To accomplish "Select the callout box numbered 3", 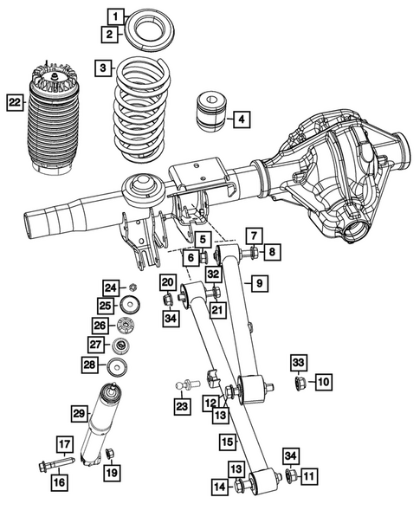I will coord(103,68).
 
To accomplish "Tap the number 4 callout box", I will coord(242,119).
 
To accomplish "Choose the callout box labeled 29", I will coord(79,415).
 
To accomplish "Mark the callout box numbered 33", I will coord(298,361).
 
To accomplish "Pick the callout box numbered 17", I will coord(64,445).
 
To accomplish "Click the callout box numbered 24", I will coord(110,287).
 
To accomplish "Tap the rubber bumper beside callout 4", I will coord(211,110).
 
